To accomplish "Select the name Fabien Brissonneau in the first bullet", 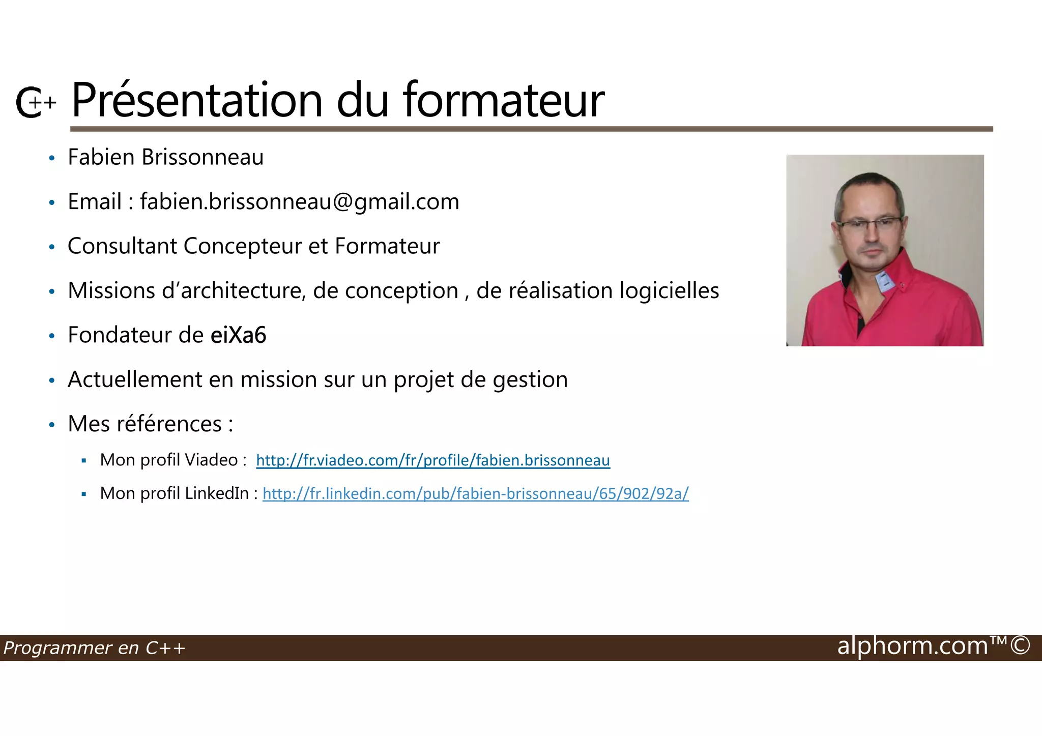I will pyautogui.click(x=165, y=157).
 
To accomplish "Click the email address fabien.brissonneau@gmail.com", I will pyautogui.click(x=300, y=202).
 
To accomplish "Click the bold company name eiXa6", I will pyautogui.click(x=238, y=335).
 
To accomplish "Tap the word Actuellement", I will pyautogui.click(x=135, y=380).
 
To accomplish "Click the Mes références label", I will pyautogui.click(x=151, y=424).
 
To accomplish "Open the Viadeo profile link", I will pyautogui.click(x=432, y=460).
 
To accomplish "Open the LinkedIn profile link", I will pyautogui.click(x=475, y=493).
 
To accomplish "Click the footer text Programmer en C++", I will pyautogui.click(x=94, y=648).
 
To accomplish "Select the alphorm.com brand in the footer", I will pyautogui.click(x=912, y=646).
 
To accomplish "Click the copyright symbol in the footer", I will pyautogui.click(x=1020, y=645).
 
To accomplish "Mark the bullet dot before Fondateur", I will pyautogui.click(x=51, y=336).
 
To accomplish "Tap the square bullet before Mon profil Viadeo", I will pyautogui.click(x=84, y=461).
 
